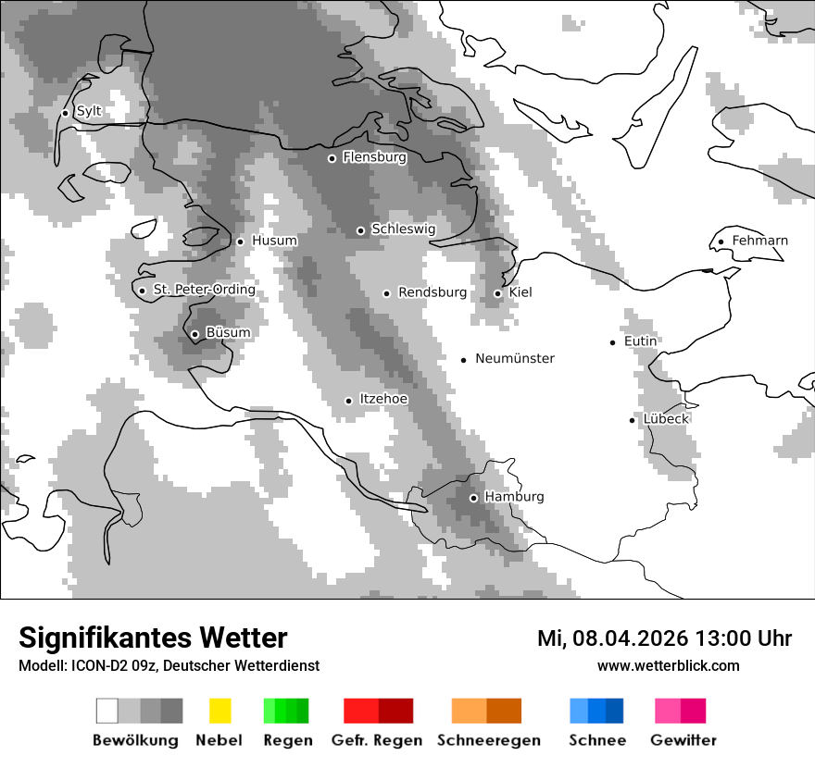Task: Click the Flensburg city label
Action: point(374,157)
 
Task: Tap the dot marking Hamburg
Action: point(473,498)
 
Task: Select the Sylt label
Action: point(89,111)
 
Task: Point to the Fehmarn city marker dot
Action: point(721,242)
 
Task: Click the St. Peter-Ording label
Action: point(204,290)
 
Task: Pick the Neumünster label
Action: point(515,358)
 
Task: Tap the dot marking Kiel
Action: point(497,293)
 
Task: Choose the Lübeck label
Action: point(666,418)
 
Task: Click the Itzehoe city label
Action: point(383,399)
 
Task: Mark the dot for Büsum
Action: point(194,335)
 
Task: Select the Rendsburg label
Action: point(433,292)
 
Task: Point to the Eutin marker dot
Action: point(613,342)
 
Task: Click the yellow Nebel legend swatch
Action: point(220,711)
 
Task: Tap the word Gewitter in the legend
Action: point(683,740)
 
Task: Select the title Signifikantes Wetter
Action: point(153,638)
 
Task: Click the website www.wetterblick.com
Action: point(669,665)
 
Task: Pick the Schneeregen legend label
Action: point(489,740)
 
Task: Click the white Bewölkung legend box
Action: point(107,711)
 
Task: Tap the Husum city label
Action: point(274,241)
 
